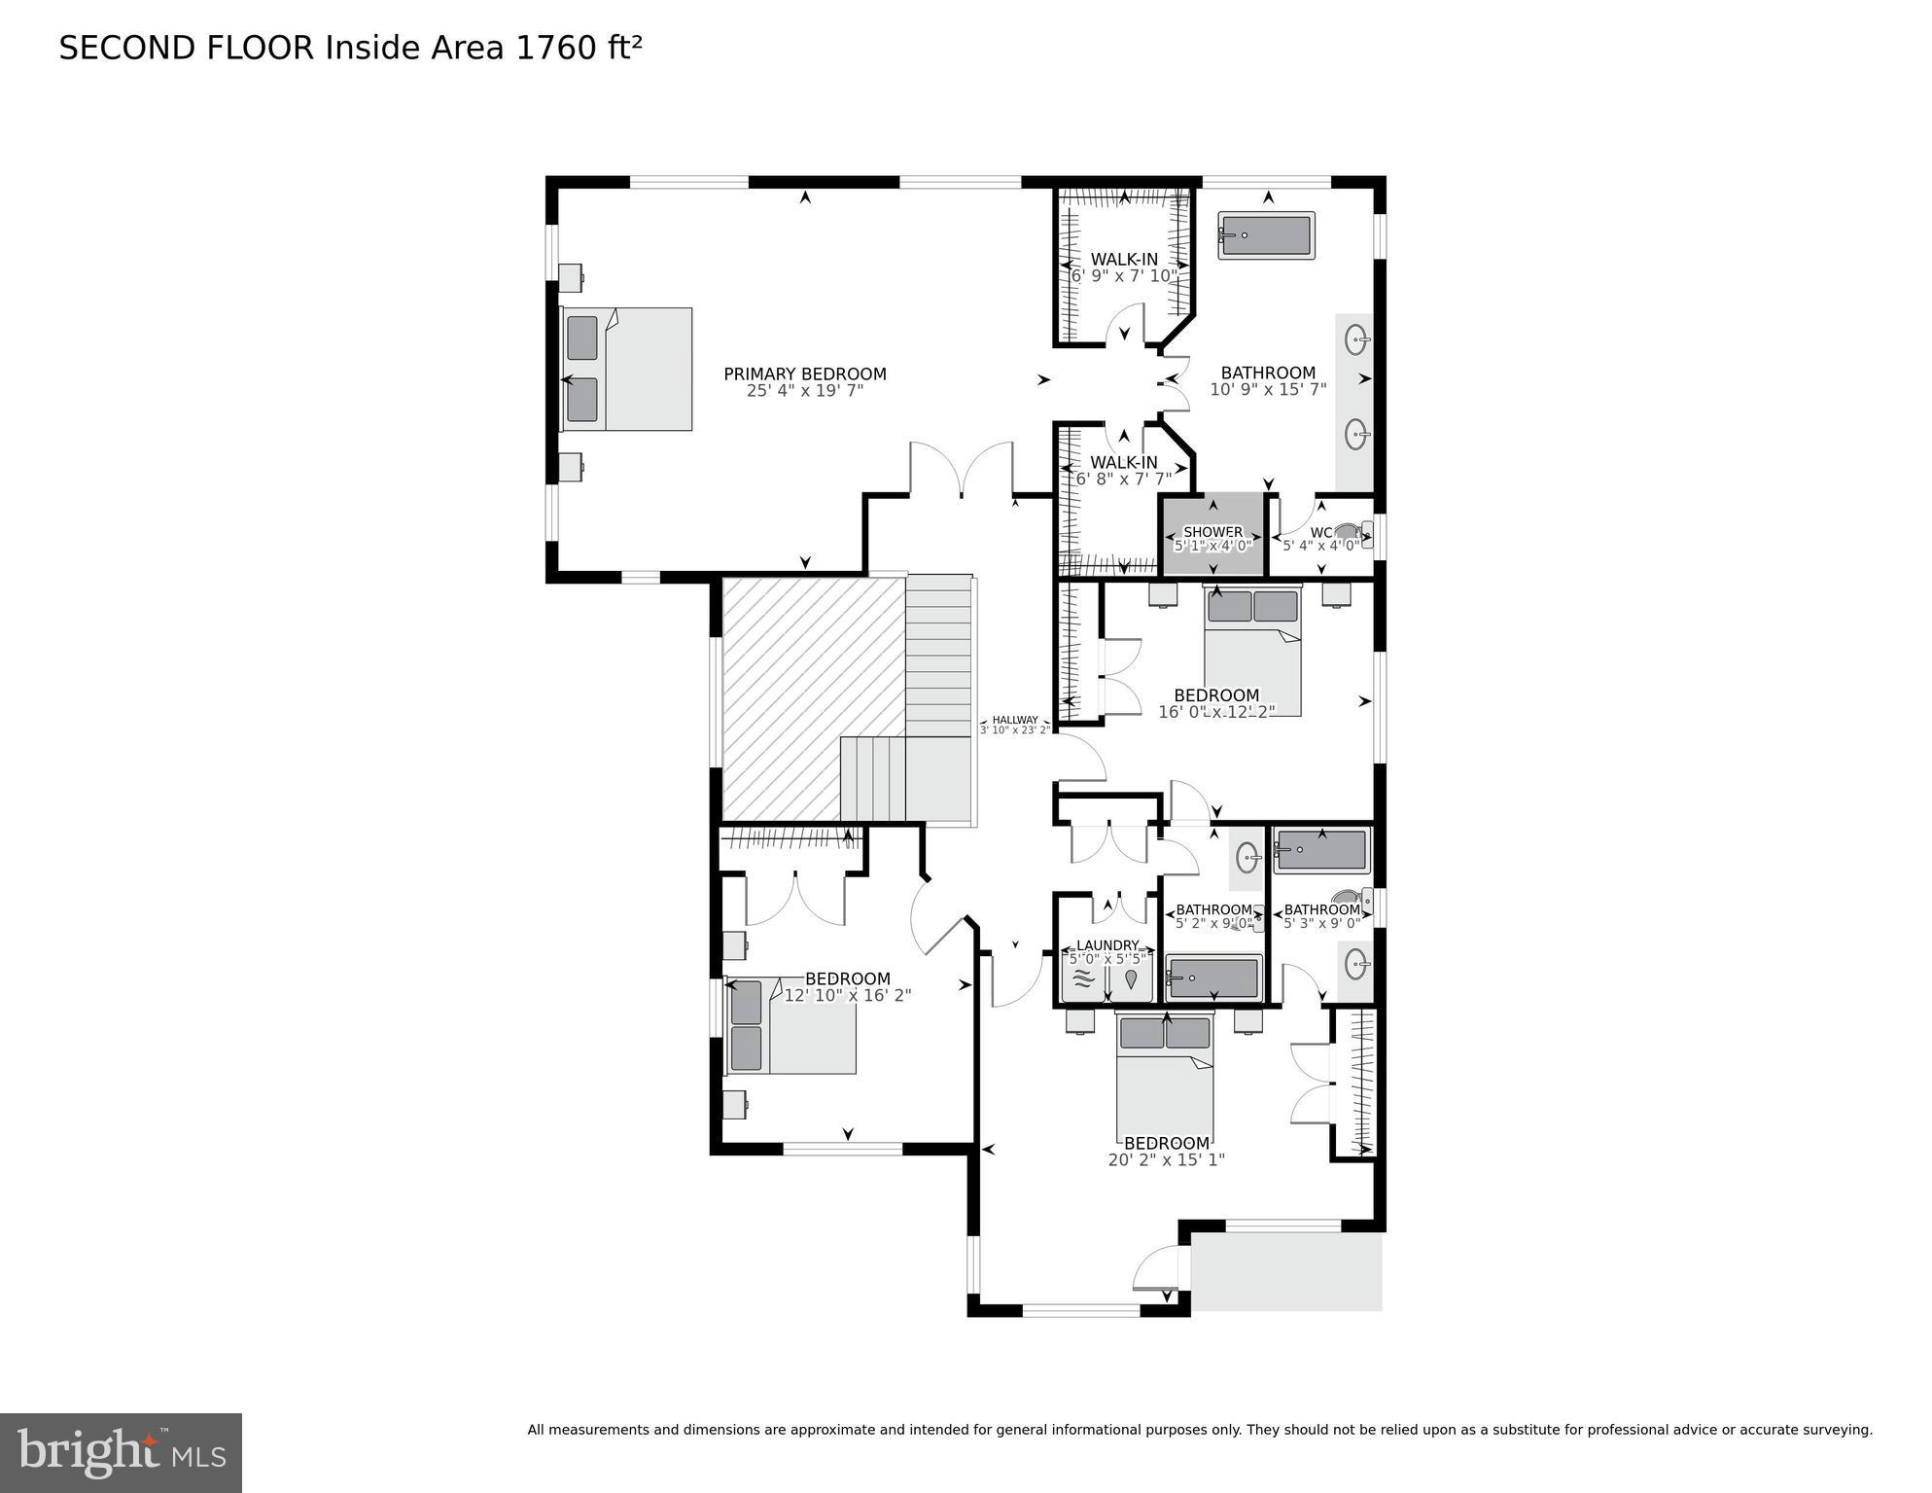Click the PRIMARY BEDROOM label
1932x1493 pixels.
point(804,373)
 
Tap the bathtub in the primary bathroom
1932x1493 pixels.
point(1266,236)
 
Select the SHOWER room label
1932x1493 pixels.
point(1212,532)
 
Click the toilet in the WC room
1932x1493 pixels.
point(1350,532)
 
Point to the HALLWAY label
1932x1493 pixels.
point(1014,720)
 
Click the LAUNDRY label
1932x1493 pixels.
point(1107,945)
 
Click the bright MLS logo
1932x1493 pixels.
point(121,1453)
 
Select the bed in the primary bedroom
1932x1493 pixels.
point(627,369)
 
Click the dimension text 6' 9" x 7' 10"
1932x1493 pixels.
point(1124,276)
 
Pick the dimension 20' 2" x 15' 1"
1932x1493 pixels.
point(1166,1159)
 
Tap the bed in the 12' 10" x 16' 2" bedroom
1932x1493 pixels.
point(792,1026)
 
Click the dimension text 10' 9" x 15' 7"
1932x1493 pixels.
point(1268,390)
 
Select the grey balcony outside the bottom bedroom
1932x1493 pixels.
point(1286,1271)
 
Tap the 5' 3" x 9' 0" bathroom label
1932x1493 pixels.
point(1321,910)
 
